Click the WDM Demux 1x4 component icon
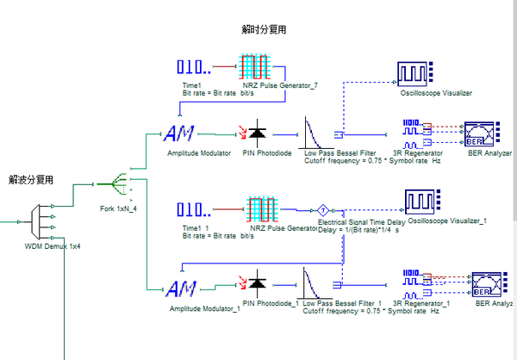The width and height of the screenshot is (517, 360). coord(38,223)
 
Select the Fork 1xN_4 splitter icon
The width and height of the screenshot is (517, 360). coord(114,183)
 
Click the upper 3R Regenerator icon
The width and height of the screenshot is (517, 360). coord(418,133)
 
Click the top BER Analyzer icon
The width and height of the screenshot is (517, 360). coord(481,134)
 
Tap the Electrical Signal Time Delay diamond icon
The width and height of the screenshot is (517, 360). coord(320,210)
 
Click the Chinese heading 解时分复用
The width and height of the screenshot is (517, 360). coord(265,29)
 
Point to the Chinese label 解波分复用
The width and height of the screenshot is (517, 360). coord(31,180)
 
